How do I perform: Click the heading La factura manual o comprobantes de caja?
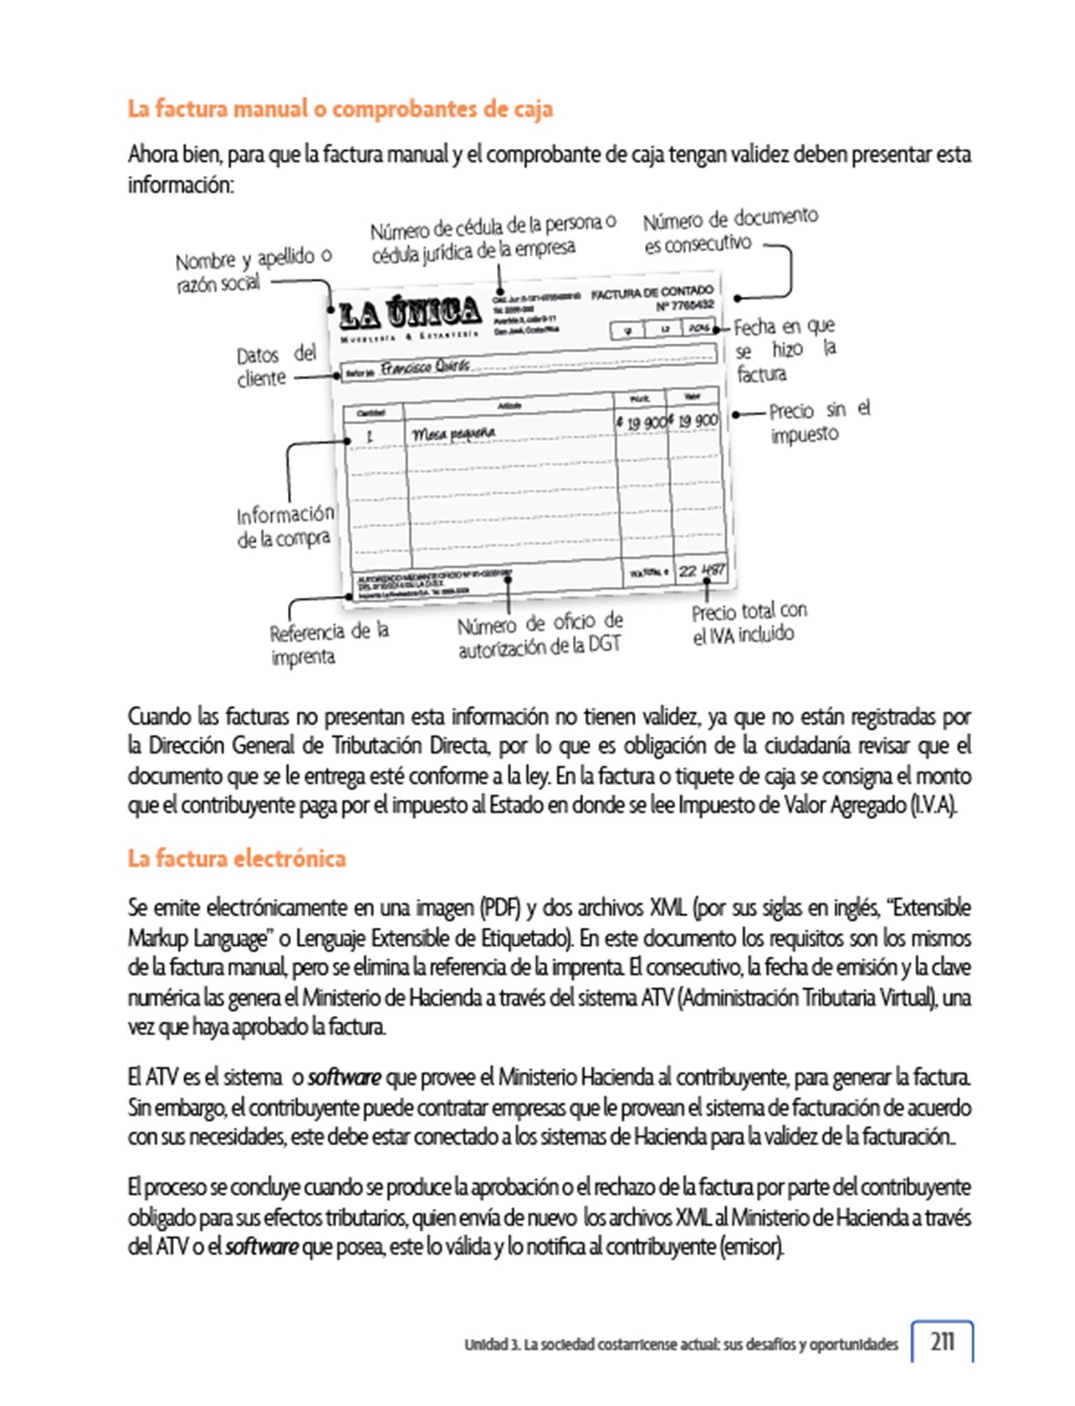340,109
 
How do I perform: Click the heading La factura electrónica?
236,858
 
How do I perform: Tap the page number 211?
942,1341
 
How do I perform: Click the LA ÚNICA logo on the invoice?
410,312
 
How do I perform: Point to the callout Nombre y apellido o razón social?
253,270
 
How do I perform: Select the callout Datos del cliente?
275,366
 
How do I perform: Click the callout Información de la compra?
284,527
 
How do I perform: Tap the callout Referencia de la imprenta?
328,643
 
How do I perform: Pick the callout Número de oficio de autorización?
540,635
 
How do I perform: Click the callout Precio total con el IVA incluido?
748,623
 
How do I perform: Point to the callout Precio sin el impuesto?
818,422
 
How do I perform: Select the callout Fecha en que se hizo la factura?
784,349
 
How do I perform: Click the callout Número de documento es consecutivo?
729,231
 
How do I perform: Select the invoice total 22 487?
701,571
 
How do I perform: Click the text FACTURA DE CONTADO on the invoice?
652,292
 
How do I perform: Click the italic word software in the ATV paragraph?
344,1076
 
